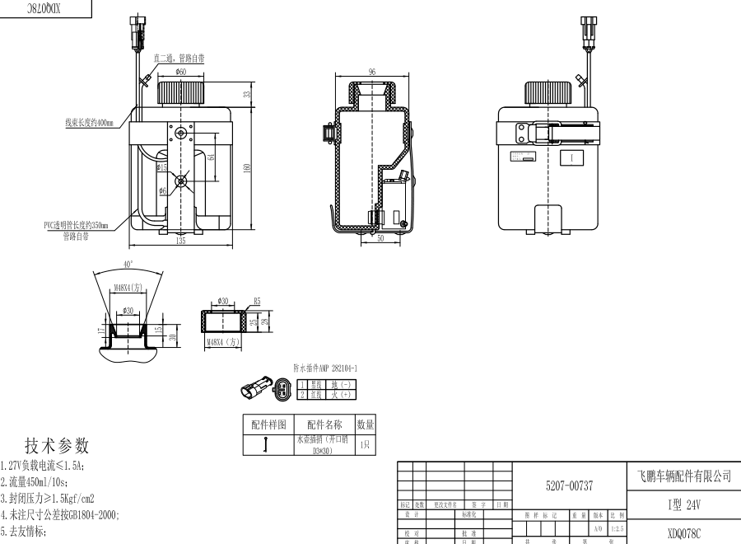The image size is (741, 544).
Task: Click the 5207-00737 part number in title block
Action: [x=569, y=487]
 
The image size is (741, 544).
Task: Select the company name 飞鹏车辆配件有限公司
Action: [x=684, y=476]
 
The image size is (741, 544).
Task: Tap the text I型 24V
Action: [x=684, y=504]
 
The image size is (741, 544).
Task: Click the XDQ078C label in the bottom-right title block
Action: [x=684, y=533]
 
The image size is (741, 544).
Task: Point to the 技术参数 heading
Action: [x=57, y=446]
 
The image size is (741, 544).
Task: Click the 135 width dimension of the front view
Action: [x=180, y=242]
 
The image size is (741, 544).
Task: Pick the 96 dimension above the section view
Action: [x=372, y=73]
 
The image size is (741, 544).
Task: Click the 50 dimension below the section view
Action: [x=380, y=239]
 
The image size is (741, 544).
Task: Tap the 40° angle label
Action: [x=128, y=264]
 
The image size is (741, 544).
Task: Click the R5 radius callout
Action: [x=257, y=302]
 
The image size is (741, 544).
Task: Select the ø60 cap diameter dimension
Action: [x=180, y=73]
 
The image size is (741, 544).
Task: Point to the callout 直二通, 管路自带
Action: [x=179, y=59]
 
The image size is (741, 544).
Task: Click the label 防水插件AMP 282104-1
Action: [x=325, y=368]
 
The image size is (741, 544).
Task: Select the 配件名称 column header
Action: [x=324, y=424]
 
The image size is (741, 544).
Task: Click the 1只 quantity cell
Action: [x=366, y=445]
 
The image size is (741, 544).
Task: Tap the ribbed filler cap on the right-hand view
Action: [x=548, y=92]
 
